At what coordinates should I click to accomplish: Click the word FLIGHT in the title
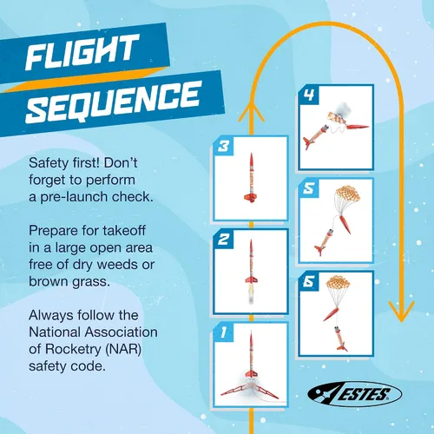82,52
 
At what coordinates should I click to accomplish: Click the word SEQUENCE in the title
114,102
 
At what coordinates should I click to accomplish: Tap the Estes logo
354,394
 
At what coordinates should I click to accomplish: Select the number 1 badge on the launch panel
223,332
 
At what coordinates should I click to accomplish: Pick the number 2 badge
223,240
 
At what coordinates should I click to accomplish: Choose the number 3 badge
223,147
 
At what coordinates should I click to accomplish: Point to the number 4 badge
309,95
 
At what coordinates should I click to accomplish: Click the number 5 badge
308,188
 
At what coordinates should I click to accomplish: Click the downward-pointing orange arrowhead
401,312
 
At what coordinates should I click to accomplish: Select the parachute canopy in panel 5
347,194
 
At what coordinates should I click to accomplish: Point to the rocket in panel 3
251,177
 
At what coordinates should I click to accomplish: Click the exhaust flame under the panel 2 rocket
251,293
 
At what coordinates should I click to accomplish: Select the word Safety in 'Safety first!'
49,163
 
